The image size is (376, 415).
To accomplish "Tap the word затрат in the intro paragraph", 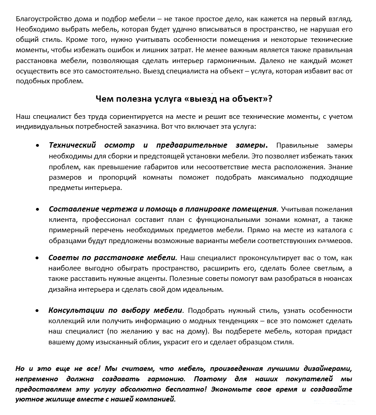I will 183,50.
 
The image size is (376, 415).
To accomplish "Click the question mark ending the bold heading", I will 270,99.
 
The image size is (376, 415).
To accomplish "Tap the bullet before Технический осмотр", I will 37,145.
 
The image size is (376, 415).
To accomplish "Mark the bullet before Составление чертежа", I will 37,209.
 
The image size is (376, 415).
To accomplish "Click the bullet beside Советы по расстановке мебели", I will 37,258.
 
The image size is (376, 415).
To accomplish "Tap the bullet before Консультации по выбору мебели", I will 37,311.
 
